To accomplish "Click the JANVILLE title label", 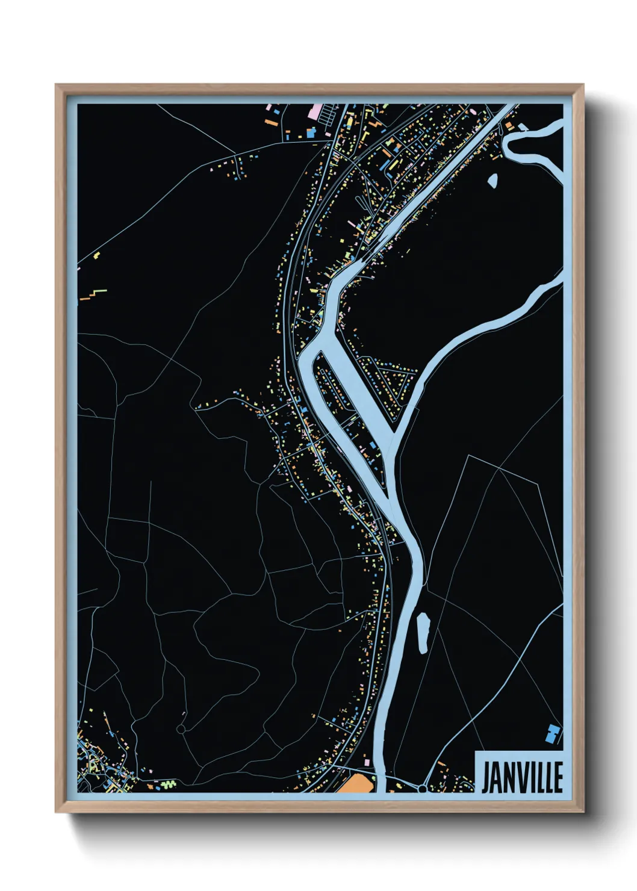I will coord(521,777).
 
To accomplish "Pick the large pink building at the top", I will coord(314,111).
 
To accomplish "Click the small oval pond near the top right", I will coord(493,181).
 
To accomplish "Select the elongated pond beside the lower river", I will coord(422,633).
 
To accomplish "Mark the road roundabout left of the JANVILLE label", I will coord(423,788).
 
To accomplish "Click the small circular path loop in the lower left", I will coord(181,729).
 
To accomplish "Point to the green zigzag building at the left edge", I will coord(98,293).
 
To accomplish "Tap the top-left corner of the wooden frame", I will coord(57,85).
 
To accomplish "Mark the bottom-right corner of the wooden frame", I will coord(583,812).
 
